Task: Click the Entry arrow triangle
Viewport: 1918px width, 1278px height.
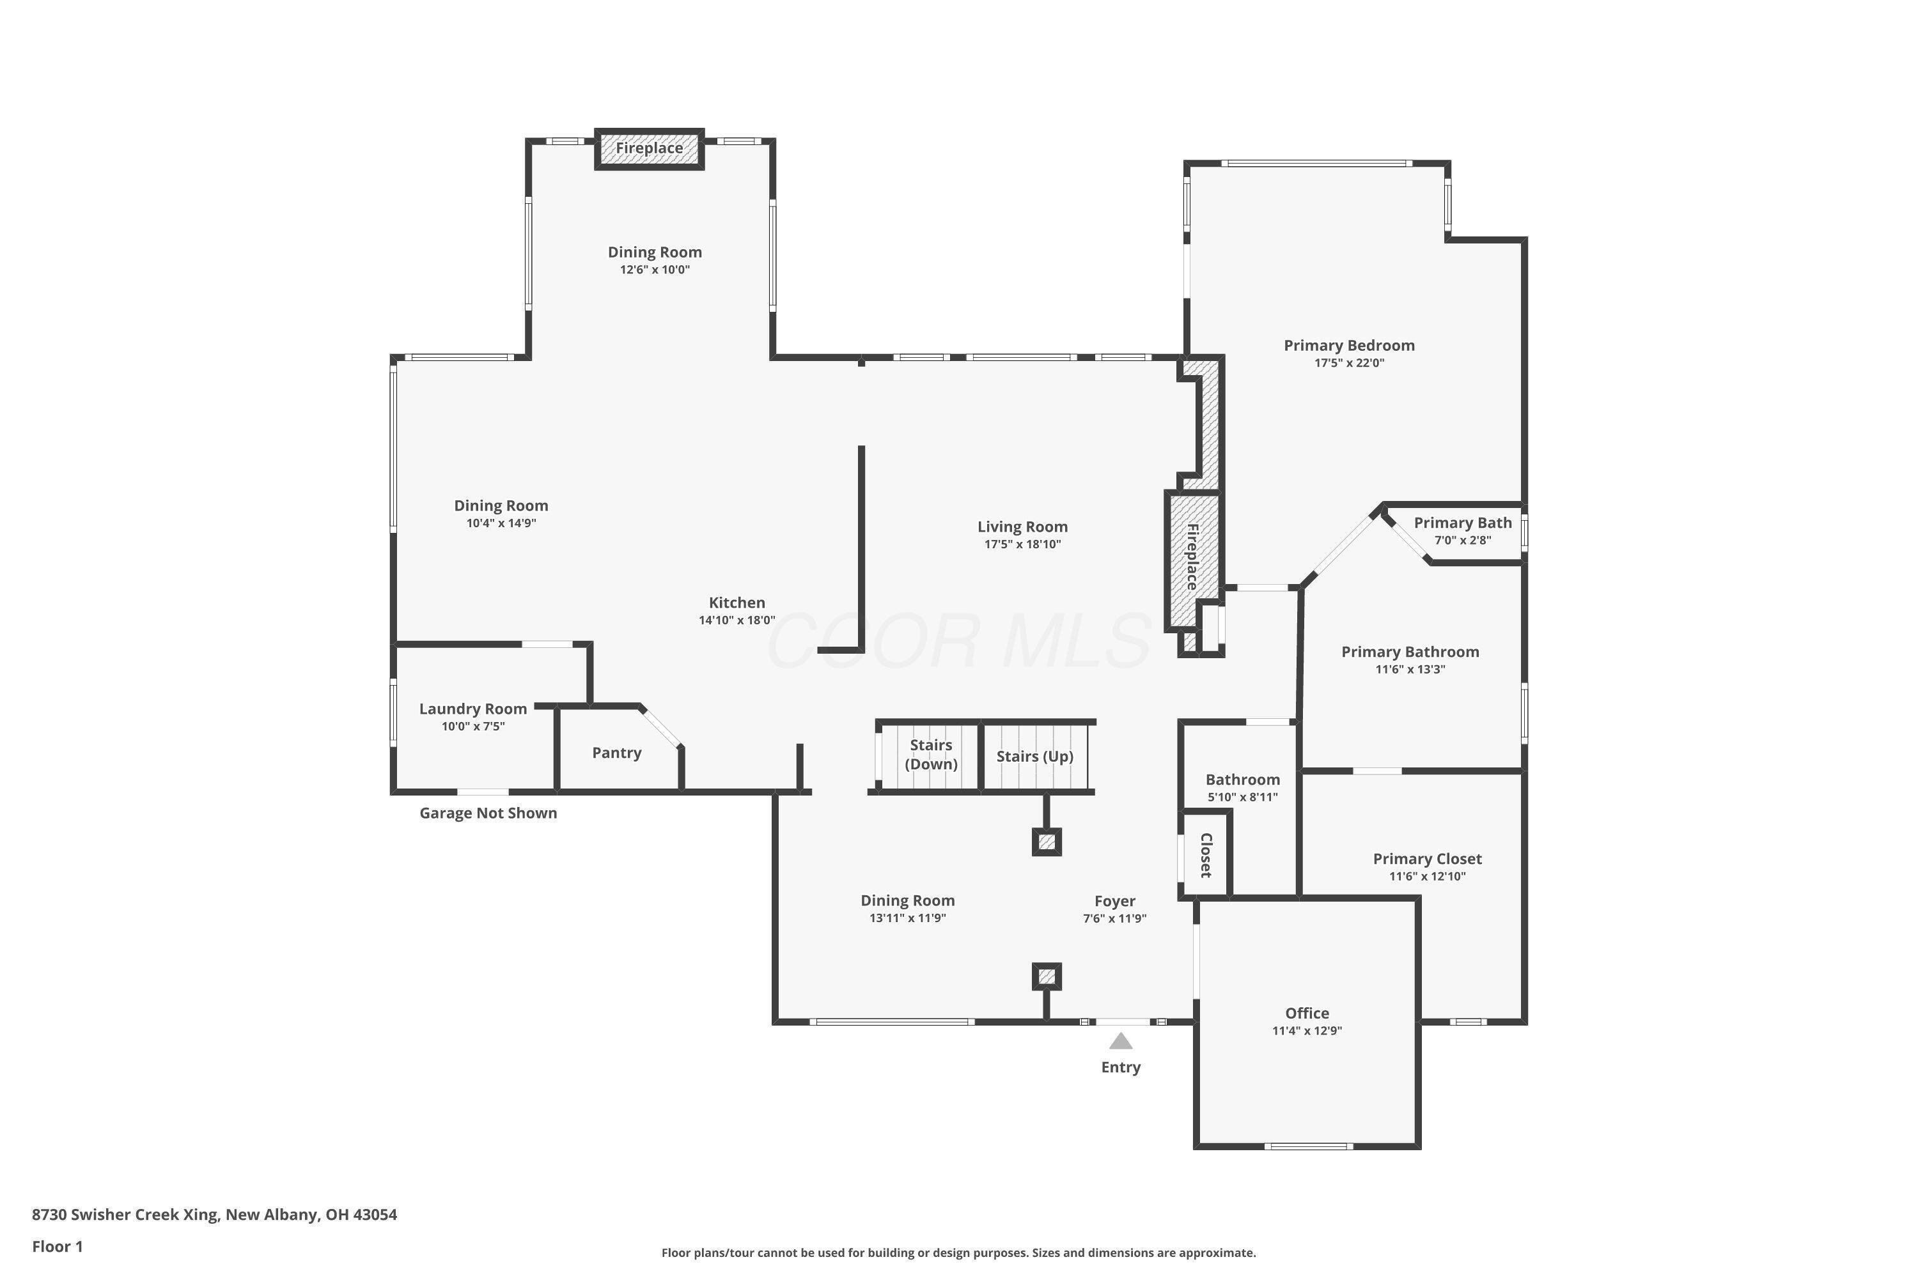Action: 1121,1041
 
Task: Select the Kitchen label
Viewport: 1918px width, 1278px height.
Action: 737,603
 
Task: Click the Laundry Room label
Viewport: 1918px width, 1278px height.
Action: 473,709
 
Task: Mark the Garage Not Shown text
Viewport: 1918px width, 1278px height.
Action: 488,813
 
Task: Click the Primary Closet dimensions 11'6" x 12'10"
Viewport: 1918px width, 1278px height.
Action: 1427,877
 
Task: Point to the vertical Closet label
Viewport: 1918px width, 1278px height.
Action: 1205,855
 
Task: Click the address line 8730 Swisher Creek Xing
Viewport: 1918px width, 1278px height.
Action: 214,1215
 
